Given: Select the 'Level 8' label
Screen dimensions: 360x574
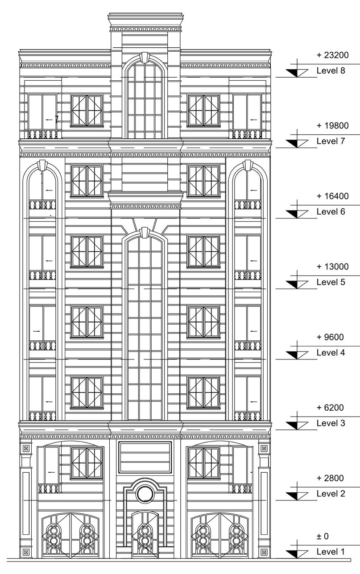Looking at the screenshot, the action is [331, 70].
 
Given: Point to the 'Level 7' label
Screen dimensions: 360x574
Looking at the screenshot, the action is [331, 141].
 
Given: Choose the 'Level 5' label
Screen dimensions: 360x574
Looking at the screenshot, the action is [331, 282].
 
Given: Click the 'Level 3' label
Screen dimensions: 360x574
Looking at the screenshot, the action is [331, 423].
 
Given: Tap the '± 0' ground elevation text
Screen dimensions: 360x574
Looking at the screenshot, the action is [323, 537].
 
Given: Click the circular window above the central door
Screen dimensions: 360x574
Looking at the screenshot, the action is [144, 494].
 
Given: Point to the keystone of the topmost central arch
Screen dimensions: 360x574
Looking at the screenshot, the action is [144, 58].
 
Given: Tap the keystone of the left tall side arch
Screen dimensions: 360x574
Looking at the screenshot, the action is [43, 165].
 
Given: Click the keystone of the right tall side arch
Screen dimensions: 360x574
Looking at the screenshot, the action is [248, 165].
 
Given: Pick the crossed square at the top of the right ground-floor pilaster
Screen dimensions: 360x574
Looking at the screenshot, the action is [264, 448].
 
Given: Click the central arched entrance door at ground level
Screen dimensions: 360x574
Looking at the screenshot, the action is [144, 535].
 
